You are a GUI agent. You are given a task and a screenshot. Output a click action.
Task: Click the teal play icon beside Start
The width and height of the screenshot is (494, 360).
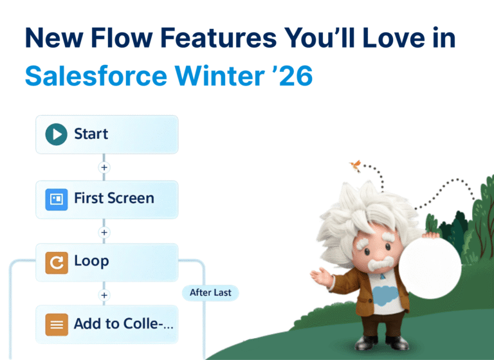[57, 134]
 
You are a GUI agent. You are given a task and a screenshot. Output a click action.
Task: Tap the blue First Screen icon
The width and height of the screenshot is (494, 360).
[57, 199]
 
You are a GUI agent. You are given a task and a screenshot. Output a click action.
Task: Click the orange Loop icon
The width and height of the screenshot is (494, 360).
[57, 262]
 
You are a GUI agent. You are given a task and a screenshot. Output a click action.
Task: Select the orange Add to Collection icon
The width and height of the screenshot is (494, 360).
[57, 325]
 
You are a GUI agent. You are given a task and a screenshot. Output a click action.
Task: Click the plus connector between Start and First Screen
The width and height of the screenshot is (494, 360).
[104, 167]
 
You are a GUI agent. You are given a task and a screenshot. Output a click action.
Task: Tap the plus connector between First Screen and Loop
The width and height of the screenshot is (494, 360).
[104, 231]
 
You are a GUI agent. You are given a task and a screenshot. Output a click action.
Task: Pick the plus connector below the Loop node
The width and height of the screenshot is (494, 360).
[104, 294]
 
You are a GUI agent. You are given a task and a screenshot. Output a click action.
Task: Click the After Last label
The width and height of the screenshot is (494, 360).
[210, 292]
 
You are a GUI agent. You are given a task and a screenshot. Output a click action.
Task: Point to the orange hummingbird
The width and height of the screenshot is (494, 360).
[354, 166]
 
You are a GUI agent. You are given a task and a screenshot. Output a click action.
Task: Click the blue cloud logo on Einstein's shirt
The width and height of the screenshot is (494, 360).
[383, 297]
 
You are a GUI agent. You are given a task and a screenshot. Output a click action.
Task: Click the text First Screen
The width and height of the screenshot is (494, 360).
[114, 198]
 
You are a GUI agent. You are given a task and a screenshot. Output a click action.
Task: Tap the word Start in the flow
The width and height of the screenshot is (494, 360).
[91, 134]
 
